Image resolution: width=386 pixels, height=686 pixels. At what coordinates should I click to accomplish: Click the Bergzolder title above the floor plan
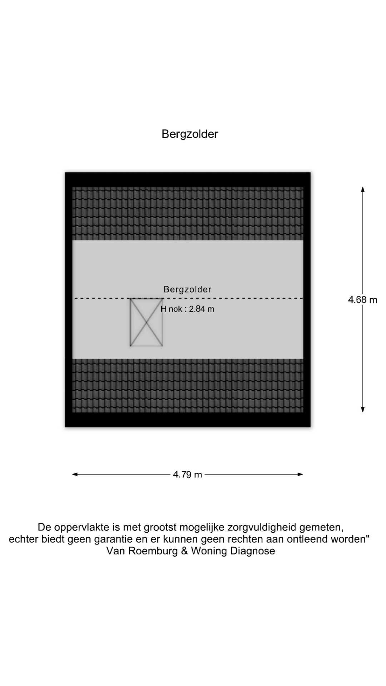click(x=190, y=134)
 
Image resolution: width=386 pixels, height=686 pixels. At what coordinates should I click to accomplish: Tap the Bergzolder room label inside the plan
click(x=188, y=289)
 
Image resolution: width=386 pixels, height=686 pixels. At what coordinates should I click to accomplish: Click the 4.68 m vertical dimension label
click(x=363, y=299)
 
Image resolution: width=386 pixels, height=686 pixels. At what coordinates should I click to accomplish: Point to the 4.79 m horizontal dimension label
click(x=188, y=474)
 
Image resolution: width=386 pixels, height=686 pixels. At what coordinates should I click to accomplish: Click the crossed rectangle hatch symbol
click(x=146, y=322)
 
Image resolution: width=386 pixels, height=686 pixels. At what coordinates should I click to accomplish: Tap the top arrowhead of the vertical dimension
click(x=363, y=189)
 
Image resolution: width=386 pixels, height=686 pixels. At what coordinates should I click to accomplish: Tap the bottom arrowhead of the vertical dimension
click(x=363, y=409)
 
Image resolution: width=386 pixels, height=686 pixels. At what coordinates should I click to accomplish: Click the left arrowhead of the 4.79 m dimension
click(x=75, y=474)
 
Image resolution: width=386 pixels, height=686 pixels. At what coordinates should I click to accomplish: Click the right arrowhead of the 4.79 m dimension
click(x=300, y=474)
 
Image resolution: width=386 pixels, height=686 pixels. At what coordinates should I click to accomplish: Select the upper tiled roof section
click(x=188, y=213)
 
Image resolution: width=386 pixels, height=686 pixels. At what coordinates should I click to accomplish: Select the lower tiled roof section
click(x=188, y=386)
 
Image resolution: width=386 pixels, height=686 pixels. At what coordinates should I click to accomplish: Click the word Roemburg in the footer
click(x=154, y=551)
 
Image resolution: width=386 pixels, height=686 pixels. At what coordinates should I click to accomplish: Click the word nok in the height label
click(x=175, y=309)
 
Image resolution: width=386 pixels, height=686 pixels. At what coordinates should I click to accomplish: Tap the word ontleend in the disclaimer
click(x=307, y=539)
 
